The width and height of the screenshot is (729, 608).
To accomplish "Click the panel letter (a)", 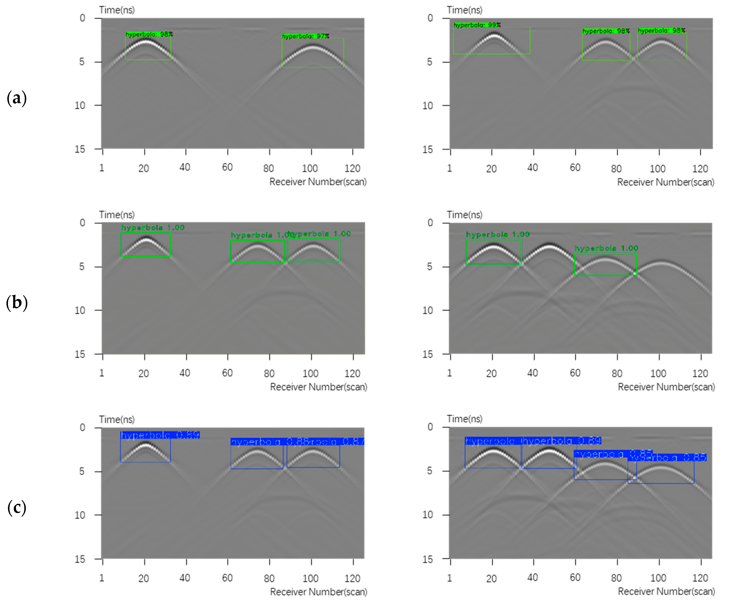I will pyautogui.click(x=17, y=98).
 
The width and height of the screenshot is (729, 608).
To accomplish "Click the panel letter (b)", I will pyautogui.click(x=17, y=302).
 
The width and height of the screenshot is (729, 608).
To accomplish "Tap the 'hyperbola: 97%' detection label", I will pyautogui.click(x=306, y=36).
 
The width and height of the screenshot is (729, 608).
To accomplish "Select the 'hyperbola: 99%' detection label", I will pyautogui.click(x=477, y=25).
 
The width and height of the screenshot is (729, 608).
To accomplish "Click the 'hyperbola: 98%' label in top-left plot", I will pyautogui.click(x=149, y=34).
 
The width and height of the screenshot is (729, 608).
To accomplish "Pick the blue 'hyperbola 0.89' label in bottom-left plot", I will pyautogui.click(x=160, y=435).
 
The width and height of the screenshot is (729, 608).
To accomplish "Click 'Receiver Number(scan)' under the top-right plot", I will pyautogui.click(x=665, y=182).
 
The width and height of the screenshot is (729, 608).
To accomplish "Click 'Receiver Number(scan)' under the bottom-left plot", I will pyautogui.click(x=318, y=591).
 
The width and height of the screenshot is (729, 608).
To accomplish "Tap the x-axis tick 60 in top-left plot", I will pyautogui.click(x=227, y=167).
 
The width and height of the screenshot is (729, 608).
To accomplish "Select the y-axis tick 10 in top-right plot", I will pyautogui.click(x=428, y=105).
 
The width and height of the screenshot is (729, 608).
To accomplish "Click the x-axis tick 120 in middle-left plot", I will pyautogui.click(x=352, y=373).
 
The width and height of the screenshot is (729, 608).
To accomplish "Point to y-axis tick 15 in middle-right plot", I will pyautogui.click(x=428, y=354).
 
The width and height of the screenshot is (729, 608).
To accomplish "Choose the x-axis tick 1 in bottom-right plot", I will pyautogui.click(x=450, y=578).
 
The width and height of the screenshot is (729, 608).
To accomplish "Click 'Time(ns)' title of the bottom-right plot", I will pyautogui.click(x=464, y=419).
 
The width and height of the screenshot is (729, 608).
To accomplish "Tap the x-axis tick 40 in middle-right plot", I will pyautogui.click(x=532, y=373).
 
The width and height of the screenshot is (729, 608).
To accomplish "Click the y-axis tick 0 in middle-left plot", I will pyautogui.click(x=82, y=223).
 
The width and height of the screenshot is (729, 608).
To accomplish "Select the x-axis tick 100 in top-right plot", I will pyautogui.click(x=658, y=169).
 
